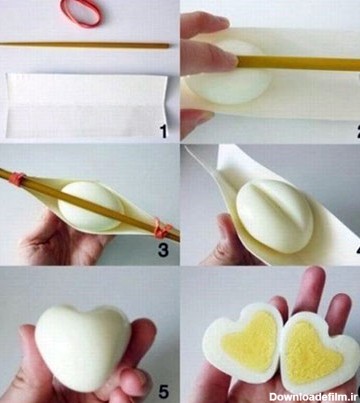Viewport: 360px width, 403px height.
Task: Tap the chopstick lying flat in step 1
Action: (x=84, y=45)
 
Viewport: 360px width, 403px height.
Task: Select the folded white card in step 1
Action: (x=86, y=106)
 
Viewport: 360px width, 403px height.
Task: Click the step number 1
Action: (x=163, y=131)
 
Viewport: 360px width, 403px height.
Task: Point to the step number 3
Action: (x=163, y=250)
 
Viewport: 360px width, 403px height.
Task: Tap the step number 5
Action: (x=163, y=391)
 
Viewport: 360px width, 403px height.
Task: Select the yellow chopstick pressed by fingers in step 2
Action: (x=298, y=63)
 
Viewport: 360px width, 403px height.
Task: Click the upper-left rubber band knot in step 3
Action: (x=17, y=179)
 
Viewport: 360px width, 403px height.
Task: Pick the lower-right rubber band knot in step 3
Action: (x=163, y=228)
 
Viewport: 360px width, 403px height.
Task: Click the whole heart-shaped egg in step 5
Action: (x=83, y=347)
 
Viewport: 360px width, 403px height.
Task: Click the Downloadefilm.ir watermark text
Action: (x=313, y=397)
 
